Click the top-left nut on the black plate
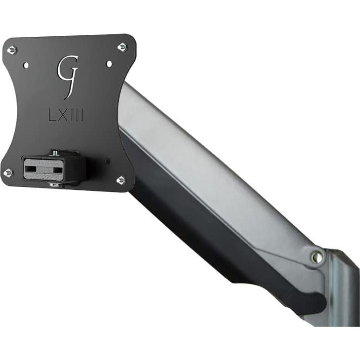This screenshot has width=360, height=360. click(x=12, y=50)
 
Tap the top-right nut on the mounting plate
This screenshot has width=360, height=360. click(x=122, y=47)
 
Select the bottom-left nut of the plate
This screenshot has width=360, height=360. click(x=8, y=173)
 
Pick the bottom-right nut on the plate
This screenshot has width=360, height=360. click(x=121, y=180)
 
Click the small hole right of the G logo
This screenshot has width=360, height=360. click(x=109, y=64)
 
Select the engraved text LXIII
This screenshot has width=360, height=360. click(x=67, y=115)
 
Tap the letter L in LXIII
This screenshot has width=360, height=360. click(x=52, y=115)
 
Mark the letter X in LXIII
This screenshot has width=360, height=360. click(x=62, y=115)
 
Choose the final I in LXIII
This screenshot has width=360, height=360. click(x=81, y=116)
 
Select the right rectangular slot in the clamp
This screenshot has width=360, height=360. click(x=59, y=170)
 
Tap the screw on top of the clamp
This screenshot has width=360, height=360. click(x=54, y=153)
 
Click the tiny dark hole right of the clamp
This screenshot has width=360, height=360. click(x=107, y=161)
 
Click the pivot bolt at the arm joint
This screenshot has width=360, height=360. click(x=316, y=257)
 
